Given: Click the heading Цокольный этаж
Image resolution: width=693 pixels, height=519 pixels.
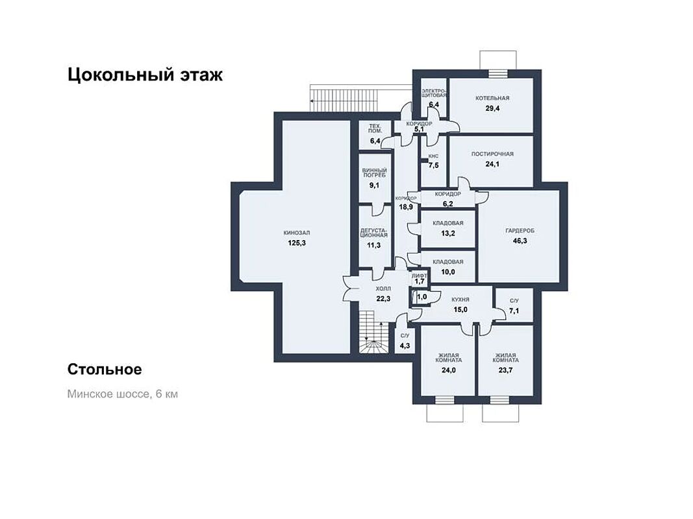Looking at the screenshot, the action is tap(145, 75).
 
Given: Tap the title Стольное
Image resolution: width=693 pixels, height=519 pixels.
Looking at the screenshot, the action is tap(105, 369).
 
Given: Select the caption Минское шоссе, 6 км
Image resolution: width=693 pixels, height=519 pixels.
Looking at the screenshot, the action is tap(122, 394).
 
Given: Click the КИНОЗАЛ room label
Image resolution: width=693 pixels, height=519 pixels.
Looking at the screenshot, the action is tap(297, 233).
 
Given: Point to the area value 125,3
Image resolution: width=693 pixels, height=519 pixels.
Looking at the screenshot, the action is tap(297, 243).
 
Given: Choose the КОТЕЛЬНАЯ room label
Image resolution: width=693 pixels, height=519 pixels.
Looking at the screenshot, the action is tap(492, 98).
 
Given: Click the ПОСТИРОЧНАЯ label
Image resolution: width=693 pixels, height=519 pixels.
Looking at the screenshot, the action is tap(492, 154).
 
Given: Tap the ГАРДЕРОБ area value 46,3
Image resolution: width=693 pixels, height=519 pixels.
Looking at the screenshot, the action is tap(520, 241).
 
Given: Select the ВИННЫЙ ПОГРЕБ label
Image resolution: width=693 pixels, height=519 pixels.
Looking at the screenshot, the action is tap(374, 173).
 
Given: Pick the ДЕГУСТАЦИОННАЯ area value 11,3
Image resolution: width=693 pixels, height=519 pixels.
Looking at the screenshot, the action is tap(374, 245).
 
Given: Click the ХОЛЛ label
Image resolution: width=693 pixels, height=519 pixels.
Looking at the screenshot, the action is tap(383, 289).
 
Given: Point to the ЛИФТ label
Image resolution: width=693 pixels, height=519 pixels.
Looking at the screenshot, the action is tap(420, 275).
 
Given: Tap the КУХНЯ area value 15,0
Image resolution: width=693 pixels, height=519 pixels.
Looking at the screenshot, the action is tap(460, 310).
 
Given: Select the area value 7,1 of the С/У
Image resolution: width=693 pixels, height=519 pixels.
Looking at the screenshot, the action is tap(514, 311).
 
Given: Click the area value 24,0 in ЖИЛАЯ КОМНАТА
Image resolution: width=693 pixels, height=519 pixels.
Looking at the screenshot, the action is tap(448, 370).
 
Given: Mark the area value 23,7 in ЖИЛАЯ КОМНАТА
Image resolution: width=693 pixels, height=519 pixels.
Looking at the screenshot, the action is tap(505, 370).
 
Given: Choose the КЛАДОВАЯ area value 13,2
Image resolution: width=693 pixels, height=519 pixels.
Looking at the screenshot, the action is tap(447, 233).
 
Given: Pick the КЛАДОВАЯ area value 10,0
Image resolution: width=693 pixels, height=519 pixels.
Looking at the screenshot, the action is tap(447, 272).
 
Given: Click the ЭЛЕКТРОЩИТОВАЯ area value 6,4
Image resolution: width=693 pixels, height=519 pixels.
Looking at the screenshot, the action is tap(434, 104).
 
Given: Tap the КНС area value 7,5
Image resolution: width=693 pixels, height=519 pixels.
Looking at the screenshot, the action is tap(434, 165).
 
